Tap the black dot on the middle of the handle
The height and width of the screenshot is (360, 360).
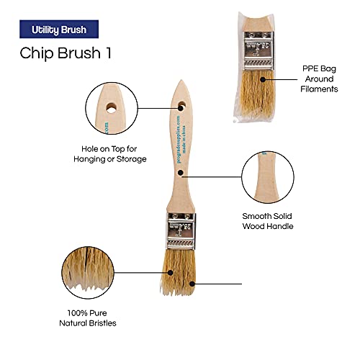(x=182, y=173)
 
